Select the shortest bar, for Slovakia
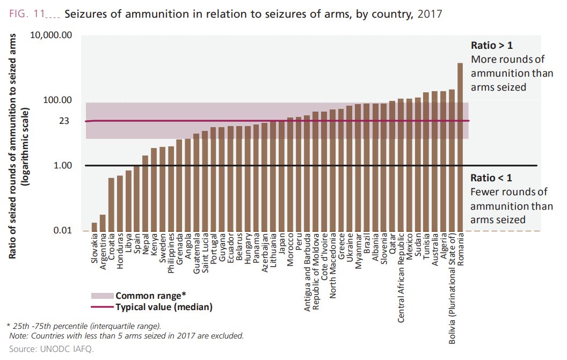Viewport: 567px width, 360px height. click(x=95, y=226)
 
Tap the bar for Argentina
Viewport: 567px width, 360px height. click(x=103, y=223)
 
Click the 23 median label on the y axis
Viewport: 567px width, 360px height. click(x=64, y=121)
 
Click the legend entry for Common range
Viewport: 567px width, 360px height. click(x=150, y=296)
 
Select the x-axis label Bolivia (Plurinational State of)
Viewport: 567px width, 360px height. click(x=452, y=282)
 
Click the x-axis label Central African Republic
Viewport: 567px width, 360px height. click(x=401, y=278)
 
